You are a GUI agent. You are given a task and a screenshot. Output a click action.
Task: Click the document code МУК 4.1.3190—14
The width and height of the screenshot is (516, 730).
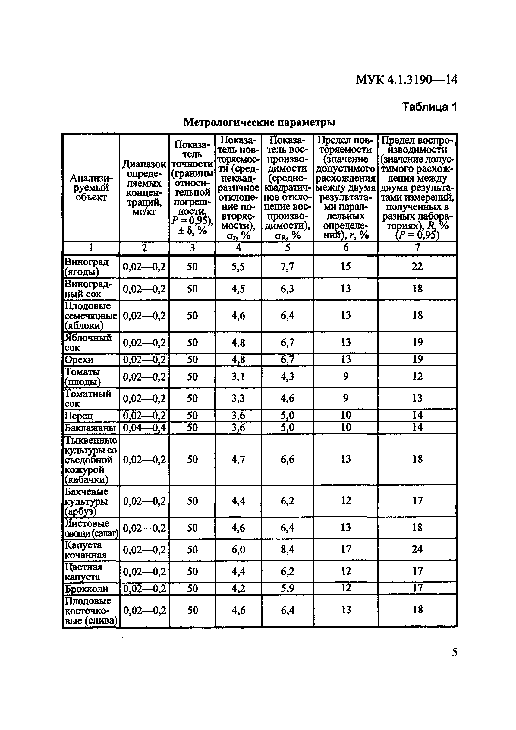click(406, 80)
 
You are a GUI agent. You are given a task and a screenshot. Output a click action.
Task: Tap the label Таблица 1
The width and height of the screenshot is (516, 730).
click(429, 107)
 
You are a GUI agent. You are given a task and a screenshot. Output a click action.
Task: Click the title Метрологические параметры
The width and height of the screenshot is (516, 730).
click(259, 122)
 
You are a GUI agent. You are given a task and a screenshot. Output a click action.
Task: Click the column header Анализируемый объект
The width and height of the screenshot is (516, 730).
click(91, 188)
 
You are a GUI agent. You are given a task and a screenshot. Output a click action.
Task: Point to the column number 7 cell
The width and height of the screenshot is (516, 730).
click(417, 248)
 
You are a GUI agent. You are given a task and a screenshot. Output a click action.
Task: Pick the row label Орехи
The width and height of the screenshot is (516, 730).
click(79, 360)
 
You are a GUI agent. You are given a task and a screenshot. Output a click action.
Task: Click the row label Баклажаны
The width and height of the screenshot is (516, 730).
click(90, 428)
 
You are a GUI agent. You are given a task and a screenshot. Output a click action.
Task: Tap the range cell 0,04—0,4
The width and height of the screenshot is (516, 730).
click(144, 428)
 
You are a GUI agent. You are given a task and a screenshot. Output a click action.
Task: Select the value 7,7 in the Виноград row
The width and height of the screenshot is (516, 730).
click(287, 267)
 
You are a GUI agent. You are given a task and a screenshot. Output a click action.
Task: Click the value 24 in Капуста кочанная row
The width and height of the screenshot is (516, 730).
click(417, 549)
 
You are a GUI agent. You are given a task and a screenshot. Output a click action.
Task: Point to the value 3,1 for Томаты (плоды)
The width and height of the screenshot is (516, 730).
click(238, 376)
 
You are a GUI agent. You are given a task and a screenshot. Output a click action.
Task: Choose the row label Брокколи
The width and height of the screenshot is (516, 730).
click(87, 589)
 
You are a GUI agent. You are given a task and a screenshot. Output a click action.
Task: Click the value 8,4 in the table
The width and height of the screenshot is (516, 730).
click(287, 549)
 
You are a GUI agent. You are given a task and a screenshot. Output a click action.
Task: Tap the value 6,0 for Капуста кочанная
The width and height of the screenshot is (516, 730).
click(238, 549)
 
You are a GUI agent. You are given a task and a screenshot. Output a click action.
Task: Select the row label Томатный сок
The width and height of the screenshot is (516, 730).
click(88, 398)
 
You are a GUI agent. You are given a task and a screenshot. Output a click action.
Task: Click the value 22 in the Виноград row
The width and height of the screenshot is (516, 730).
click(417, 267)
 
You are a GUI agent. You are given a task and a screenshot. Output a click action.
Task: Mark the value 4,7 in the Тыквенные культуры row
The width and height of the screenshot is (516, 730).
click(238, 459)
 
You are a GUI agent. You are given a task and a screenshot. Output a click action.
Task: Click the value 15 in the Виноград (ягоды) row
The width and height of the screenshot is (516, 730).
click(345, 267)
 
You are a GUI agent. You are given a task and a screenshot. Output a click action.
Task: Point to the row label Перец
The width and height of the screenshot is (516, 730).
click(79, 416)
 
